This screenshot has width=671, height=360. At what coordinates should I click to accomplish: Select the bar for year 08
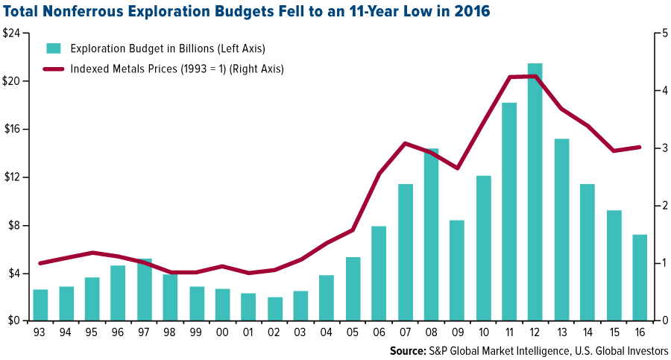(x=431, y=235)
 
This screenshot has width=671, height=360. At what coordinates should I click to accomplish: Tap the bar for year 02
(x=275, y=309)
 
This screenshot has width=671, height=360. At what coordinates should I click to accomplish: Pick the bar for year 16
(x=640, y=277)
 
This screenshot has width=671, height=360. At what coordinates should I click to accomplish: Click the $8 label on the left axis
(x=17, y=226)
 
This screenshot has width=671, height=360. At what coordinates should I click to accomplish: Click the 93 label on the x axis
(x=40, y=333)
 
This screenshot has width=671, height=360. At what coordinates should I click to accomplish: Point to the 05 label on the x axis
(x=353, y=333)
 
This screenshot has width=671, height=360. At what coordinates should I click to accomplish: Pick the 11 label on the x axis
(x=509, y=333)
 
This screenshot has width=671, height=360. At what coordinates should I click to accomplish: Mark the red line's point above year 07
(x=405, y=143)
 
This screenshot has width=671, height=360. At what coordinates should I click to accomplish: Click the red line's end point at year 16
(x=640, y=147)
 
